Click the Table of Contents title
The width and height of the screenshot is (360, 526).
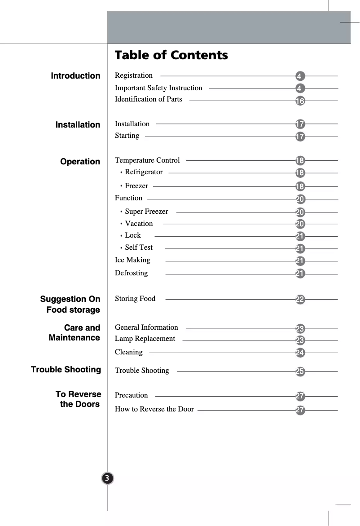coord(171,55)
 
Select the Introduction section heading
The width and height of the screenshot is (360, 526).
coord(75,76)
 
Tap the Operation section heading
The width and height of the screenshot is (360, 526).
coord(80,162)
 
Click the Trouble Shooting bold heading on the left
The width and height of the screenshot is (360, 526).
coord(66,370)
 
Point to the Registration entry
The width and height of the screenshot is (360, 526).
coord(134,75)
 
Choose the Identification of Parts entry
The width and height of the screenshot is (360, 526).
coord(149,99)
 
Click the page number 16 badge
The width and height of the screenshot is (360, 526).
coord(300,101)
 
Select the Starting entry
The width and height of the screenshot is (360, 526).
coord(127,136)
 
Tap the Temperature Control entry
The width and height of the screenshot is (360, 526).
coord(147,160)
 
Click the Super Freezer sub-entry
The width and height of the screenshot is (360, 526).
coord(146,212)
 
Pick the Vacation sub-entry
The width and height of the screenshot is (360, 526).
coord(139,224)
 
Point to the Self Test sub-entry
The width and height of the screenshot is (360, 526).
coord(139,248)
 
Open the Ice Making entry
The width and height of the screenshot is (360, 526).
coord(132,260)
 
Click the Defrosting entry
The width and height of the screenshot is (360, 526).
coord(131,273)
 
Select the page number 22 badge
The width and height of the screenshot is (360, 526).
coord(300,300)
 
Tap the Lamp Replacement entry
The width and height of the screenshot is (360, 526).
coord(145,339)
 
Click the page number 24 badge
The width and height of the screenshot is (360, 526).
coord(300,353)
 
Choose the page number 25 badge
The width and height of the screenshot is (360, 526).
coord(300,371)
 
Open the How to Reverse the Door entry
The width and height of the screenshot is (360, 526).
coord(154,409)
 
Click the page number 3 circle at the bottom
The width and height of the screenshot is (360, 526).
coord(108,478)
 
